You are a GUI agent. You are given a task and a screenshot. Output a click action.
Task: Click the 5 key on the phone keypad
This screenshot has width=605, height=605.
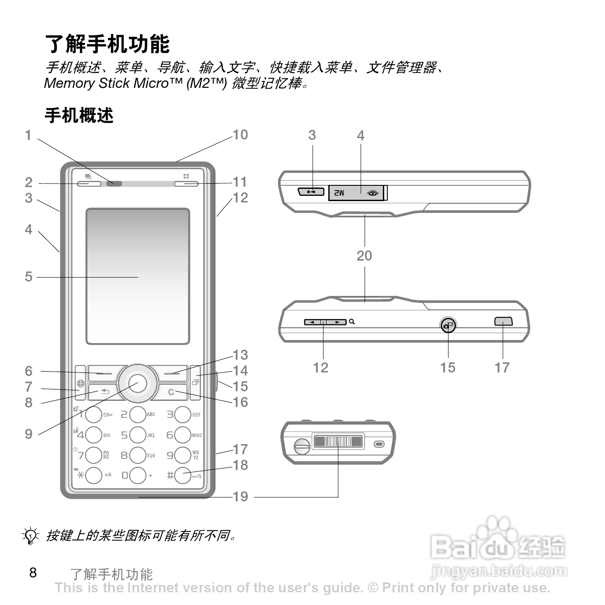pos(138,435)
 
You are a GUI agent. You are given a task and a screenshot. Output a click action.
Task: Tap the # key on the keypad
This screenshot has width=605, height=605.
pos(182,475)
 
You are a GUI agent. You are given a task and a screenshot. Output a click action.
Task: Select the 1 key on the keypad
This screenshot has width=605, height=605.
pos(94,415)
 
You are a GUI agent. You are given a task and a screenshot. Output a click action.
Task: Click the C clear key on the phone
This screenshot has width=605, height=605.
pos(171,392)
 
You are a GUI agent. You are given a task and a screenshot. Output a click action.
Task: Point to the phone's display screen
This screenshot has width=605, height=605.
pos(138,276)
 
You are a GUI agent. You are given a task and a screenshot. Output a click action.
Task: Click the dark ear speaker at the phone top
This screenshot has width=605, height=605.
pos(115,184)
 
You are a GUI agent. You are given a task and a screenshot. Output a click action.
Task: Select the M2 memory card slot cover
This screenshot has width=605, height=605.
pos(356,192)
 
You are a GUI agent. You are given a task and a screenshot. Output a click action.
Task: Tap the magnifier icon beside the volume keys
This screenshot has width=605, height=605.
pos(352,322)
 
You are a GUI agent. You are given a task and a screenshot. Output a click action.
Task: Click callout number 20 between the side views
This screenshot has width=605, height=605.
pos(364,256)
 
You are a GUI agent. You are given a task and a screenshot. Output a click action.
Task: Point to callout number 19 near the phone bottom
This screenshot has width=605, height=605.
pos(240,497)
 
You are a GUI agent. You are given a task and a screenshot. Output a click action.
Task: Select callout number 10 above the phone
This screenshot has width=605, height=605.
pos(240,135)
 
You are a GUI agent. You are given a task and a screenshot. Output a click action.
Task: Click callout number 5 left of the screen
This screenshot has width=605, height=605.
pos(28,276)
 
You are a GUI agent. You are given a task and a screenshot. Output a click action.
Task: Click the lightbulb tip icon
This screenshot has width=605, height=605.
pos(30,535)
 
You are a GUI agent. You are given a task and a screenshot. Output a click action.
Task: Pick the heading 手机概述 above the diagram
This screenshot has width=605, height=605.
pos(79,116)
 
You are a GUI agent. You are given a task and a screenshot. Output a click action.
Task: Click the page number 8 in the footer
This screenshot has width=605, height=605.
pos(33,573)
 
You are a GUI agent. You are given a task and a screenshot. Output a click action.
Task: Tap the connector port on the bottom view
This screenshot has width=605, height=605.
pos(338,442)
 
